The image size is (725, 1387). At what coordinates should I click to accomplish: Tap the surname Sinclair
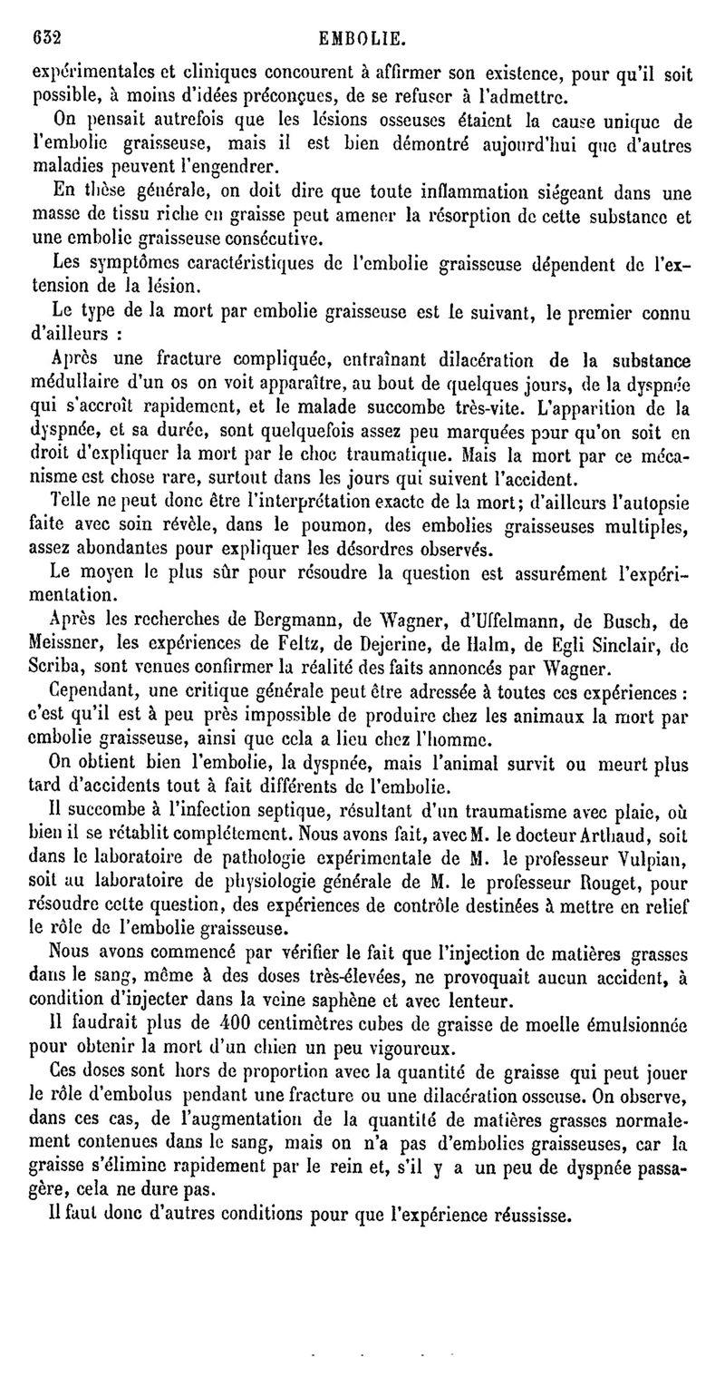(602, 647)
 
